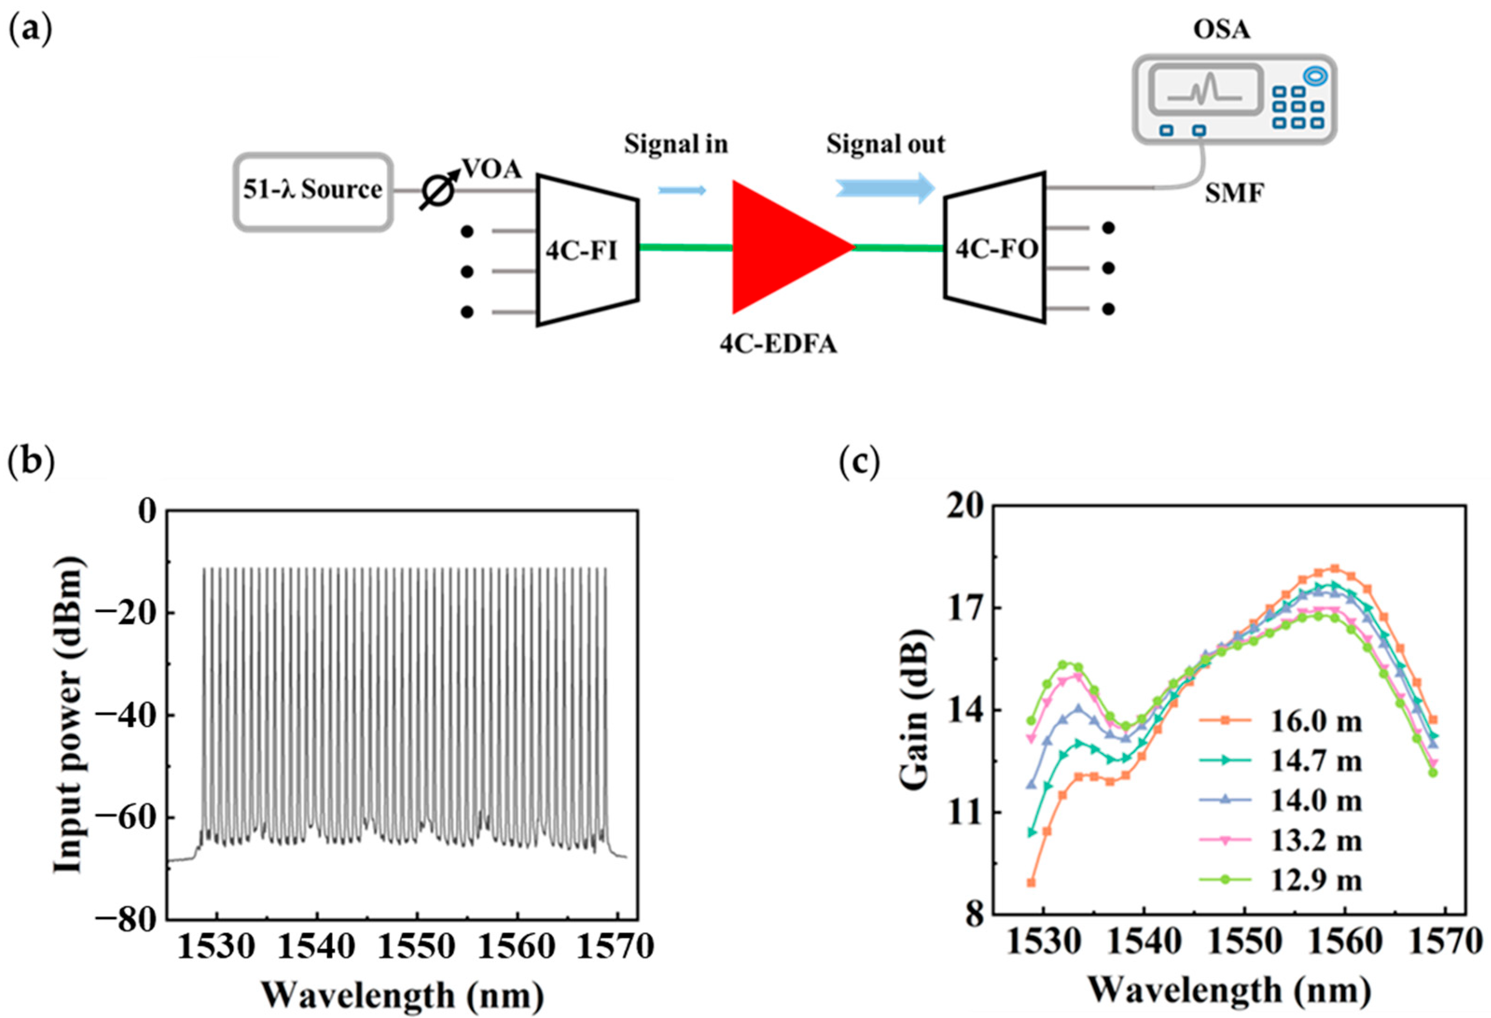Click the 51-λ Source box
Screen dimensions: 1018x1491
coord(312,191)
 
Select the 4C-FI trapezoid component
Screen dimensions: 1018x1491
coord(586,249)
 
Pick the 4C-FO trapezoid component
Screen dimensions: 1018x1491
coord(995,247)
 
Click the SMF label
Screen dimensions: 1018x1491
coord(1234,194)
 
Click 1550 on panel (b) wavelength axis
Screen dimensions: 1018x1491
coord(417,947)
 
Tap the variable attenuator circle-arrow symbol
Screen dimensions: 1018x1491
coord(439,191)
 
